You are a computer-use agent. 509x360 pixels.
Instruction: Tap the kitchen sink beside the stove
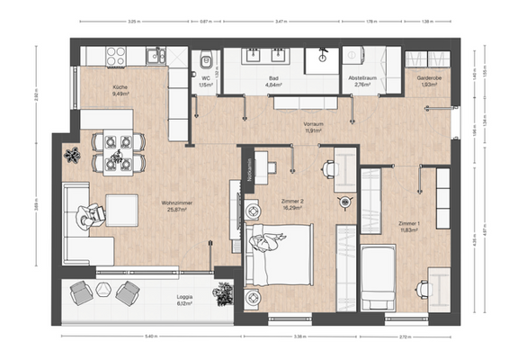155,55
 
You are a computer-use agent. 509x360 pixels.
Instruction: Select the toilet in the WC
205,62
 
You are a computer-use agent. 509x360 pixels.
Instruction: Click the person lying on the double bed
269,241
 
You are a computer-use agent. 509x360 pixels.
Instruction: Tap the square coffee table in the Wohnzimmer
121,208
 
